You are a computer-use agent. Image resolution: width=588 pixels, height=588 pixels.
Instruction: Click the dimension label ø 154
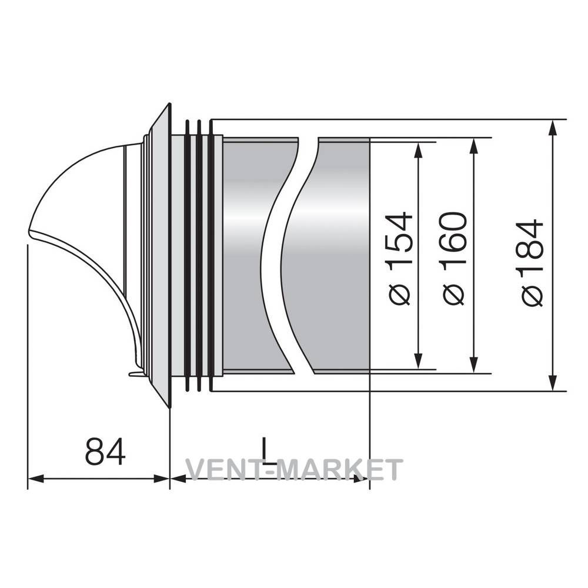coord(400,259)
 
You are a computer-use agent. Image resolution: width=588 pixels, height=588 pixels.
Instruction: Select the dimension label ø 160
coord(454,259)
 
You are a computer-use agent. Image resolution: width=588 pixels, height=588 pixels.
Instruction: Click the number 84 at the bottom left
coord(105,451)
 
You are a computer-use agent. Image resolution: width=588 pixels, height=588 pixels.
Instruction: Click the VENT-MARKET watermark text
coord(295,469)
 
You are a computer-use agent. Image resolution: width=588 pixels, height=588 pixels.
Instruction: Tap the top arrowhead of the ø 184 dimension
coord(552,128)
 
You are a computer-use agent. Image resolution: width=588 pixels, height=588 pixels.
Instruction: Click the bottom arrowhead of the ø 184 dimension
coord(552,383)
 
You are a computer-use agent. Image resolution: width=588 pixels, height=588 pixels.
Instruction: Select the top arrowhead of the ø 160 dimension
coord(475,146)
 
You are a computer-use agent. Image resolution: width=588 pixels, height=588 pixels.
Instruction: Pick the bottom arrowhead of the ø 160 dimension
coord(475,365)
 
